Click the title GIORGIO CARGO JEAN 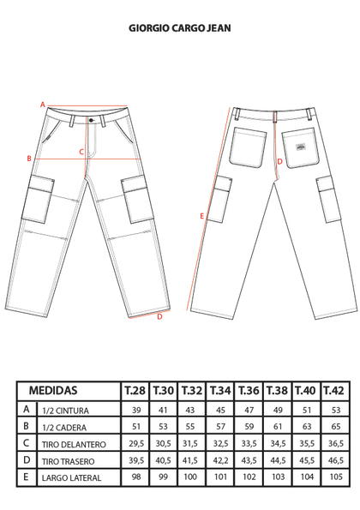(x=180, y=28)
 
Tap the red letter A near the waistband (x=42, y=105)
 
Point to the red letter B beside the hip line (x=29, y=159)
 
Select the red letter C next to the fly (x=81, y=152)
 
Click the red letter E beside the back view (x=201, y=216)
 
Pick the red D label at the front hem (x=159, y=316)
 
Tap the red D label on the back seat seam (x=279, y=162)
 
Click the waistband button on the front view (x=91, y=120)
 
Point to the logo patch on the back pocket (x=301, y=147)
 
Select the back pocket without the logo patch (x=248, y=147)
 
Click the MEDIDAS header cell (x=69, y=391)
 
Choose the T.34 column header (x=220, y=391)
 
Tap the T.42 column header (x=334, y=391)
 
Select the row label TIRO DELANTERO (x=74, y=444)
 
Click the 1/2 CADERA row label (x=64, y=428)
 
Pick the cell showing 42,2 (x=220, y=460)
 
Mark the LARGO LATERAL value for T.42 (x=336, y=477)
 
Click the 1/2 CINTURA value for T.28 (x=136, y=411)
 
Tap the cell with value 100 (x=190, y=477)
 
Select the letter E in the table (x=26, y=477)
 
